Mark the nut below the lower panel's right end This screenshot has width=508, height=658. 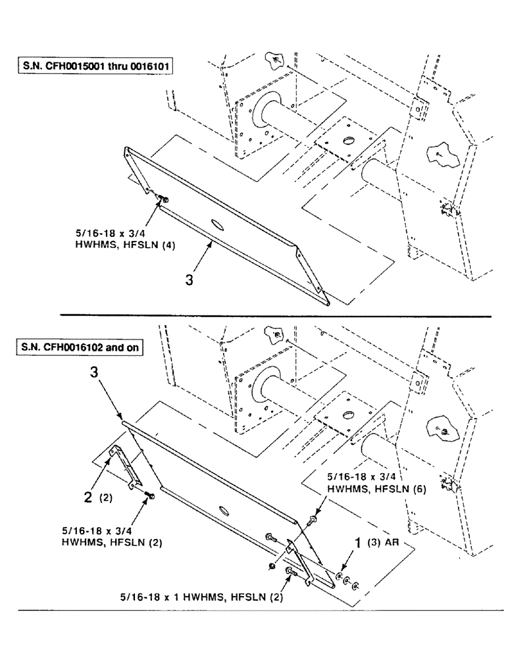coord(271,566)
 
